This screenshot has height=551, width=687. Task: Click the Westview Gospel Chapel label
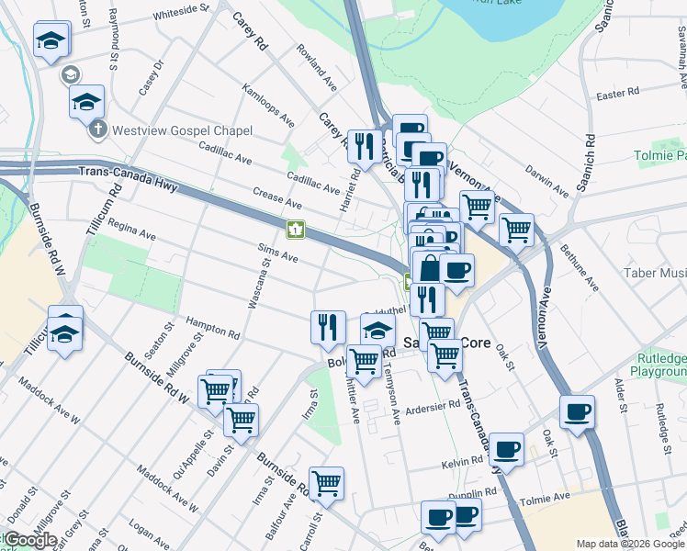click(x=182, y=130)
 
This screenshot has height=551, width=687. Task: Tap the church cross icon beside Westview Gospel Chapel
click(x=99, y=129)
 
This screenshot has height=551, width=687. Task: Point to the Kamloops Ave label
click(x=267, y=105)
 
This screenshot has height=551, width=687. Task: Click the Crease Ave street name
click(x=276, y=202)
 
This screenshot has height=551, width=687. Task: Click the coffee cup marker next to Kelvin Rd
click(x=506, y=449)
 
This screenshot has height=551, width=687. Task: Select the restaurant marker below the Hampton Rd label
click(x=328, y=326)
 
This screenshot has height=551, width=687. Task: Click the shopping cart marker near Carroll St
click(x=327, y=482)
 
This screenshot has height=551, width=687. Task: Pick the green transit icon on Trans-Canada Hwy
click(x=296, y=229)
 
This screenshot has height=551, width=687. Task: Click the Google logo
click(x=30, y=540)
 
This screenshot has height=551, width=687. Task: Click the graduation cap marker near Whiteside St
click(x=51, y=40)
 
